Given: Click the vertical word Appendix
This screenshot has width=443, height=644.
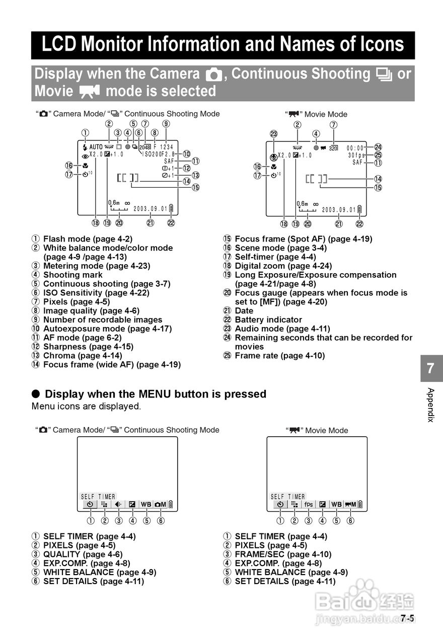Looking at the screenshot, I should click(x=430, y=405).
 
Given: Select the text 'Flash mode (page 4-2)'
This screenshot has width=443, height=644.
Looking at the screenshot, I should click(x=88, y=239).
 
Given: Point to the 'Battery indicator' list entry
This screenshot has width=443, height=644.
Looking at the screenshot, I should click(x=268, y=319).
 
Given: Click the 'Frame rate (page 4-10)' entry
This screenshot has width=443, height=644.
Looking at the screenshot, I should click(x=279, y=356).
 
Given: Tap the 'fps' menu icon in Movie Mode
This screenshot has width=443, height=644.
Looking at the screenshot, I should click(x=308, y=504).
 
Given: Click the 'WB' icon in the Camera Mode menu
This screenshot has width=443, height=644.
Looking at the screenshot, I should click(x=146, y=504).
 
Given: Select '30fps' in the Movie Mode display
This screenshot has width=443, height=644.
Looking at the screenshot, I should click(x=356, y=155).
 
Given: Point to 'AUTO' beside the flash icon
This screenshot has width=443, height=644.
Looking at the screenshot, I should click(x=96, y=147).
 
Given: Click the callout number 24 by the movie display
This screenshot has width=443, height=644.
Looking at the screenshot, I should click(x=378, y=147).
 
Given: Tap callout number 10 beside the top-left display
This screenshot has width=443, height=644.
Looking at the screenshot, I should click(x=186, y=154).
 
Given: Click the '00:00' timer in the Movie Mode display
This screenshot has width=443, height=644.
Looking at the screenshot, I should click(x=355, y=148).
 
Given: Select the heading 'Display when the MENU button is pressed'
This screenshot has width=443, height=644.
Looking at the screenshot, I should click(x=155, y=394).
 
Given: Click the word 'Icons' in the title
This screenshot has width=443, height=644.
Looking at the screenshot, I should click(x=377, y=45).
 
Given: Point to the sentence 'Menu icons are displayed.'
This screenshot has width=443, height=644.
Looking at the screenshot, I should click(x=86, y=406).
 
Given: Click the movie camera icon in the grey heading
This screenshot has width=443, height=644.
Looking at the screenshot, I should click(x=90, y=92).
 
